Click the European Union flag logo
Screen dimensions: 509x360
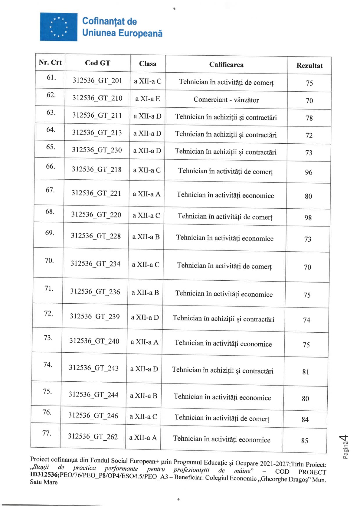(x=59, y=27)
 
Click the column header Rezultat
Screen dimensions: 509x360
(x=309, y=66)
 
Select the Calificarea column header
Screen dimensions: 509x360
(x=226, y=64)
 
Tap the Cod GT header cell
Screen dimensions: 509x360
(x=97, y=63)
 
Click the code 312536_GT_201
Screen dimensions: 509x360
(x=97, y=80)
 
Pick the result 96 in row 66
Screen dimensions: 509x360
(x=308, y=172)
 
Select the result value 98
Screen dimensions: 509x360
(x=308, y=218)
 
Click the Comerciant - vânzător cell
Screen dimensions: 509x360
(x=226, y=100)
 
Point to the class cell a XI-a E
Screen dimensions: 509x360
(x=147, y=99)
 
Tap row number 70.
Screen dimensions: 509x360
(x=49, y=261)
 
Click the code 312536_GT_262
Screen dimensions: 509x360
(x=93, y=436)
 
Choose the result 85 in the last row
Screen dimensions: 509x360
(x=305, y=441)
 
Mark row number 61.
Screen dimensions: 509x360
(x=51, y=77)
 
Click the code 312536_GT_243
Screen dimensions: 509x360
(x=94, y=368)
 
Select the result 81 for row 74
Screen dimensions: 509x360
(x=306, y=372)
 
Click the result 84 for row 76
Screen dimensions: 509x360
(x=305, y=419)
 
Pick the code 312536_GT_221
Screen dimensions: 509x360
(x=96, y=193)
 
